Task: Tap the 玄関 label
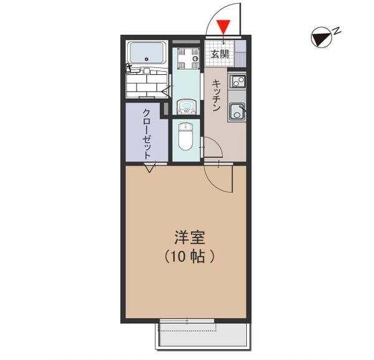(219, 53)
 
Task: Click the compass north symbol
(321, 39)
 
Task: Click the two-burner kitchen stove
(237, 81)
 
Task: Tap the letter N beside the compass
(336, 29)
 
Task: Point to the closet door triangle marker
(150, 168)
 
